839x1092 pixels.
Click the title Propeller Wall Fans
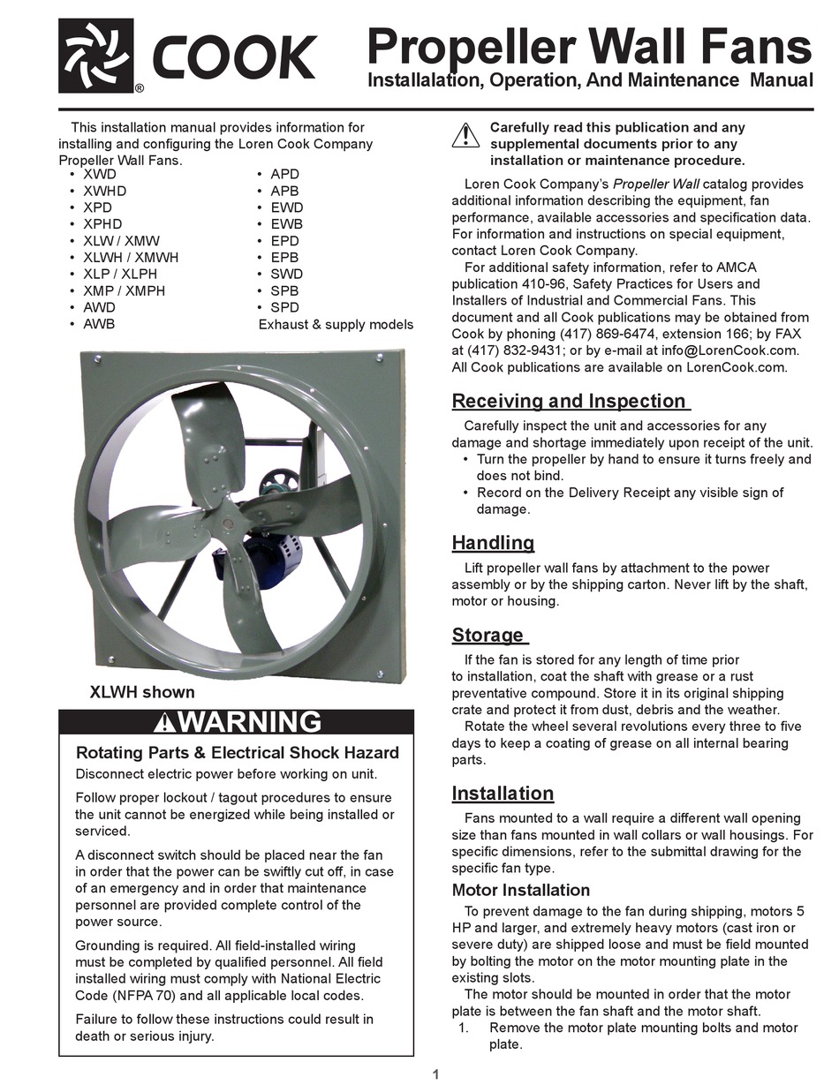click(589, 45)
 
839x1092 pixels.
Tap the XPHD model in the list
click(102, 224)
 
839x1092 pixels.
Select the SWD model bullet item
click(284, 274)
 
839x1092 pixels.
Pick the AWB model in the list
click(99, 324)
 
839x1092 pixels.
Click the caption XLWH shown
click(142, 692)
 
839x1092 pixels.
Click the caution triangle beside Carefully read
click(465, 136)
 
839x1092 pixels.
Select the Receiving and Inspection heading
click(569, 401)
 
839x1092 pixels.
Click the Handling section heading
click(493, 542)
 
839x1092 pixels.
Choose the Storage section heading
click(488, 635)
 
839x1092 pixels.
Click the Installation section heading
click(503, 793)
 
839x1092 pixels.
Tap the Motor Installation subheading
click(520, 890)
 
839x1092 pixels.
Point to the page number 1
click(436, 1074)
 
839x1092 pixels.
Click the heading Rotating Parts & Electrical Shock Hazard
click(238, 753)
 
